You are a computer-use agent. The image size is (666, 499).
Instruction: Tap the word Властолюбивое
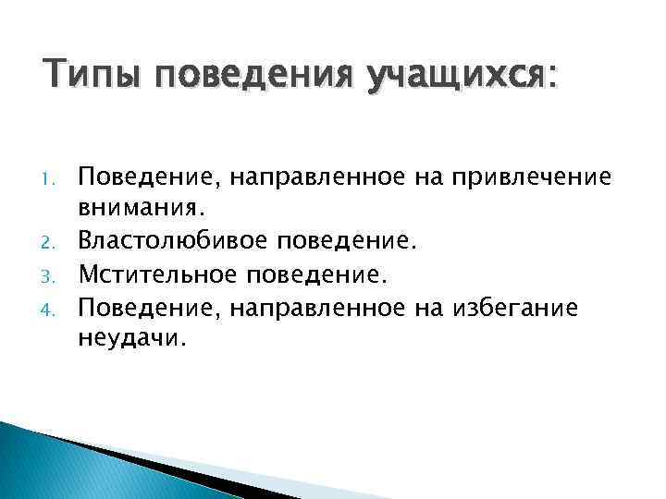[168, 240]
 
